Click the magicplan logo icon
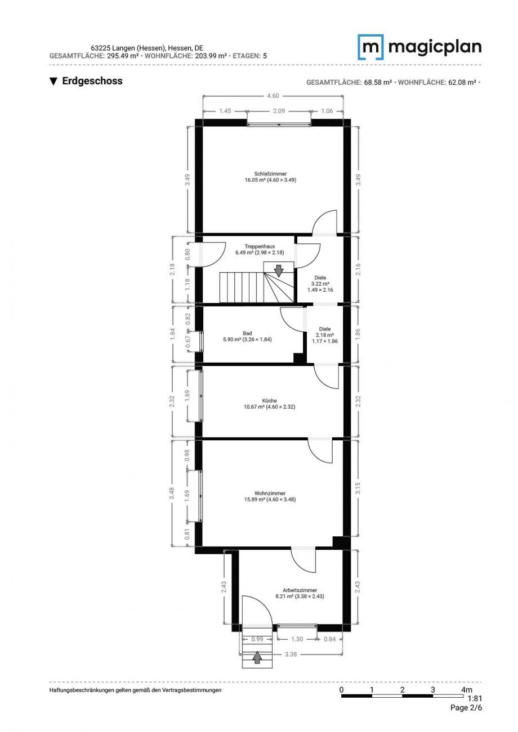point(370,47)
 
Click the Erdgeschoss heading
point(86,81)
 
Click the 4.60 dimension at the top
point(273,96)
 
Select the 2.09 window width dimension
point(279,111)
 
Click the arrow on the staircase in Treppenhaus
point(279,271)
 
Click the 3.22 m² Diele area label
point(320,284)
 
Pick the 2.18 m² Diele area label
point(325,335)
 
